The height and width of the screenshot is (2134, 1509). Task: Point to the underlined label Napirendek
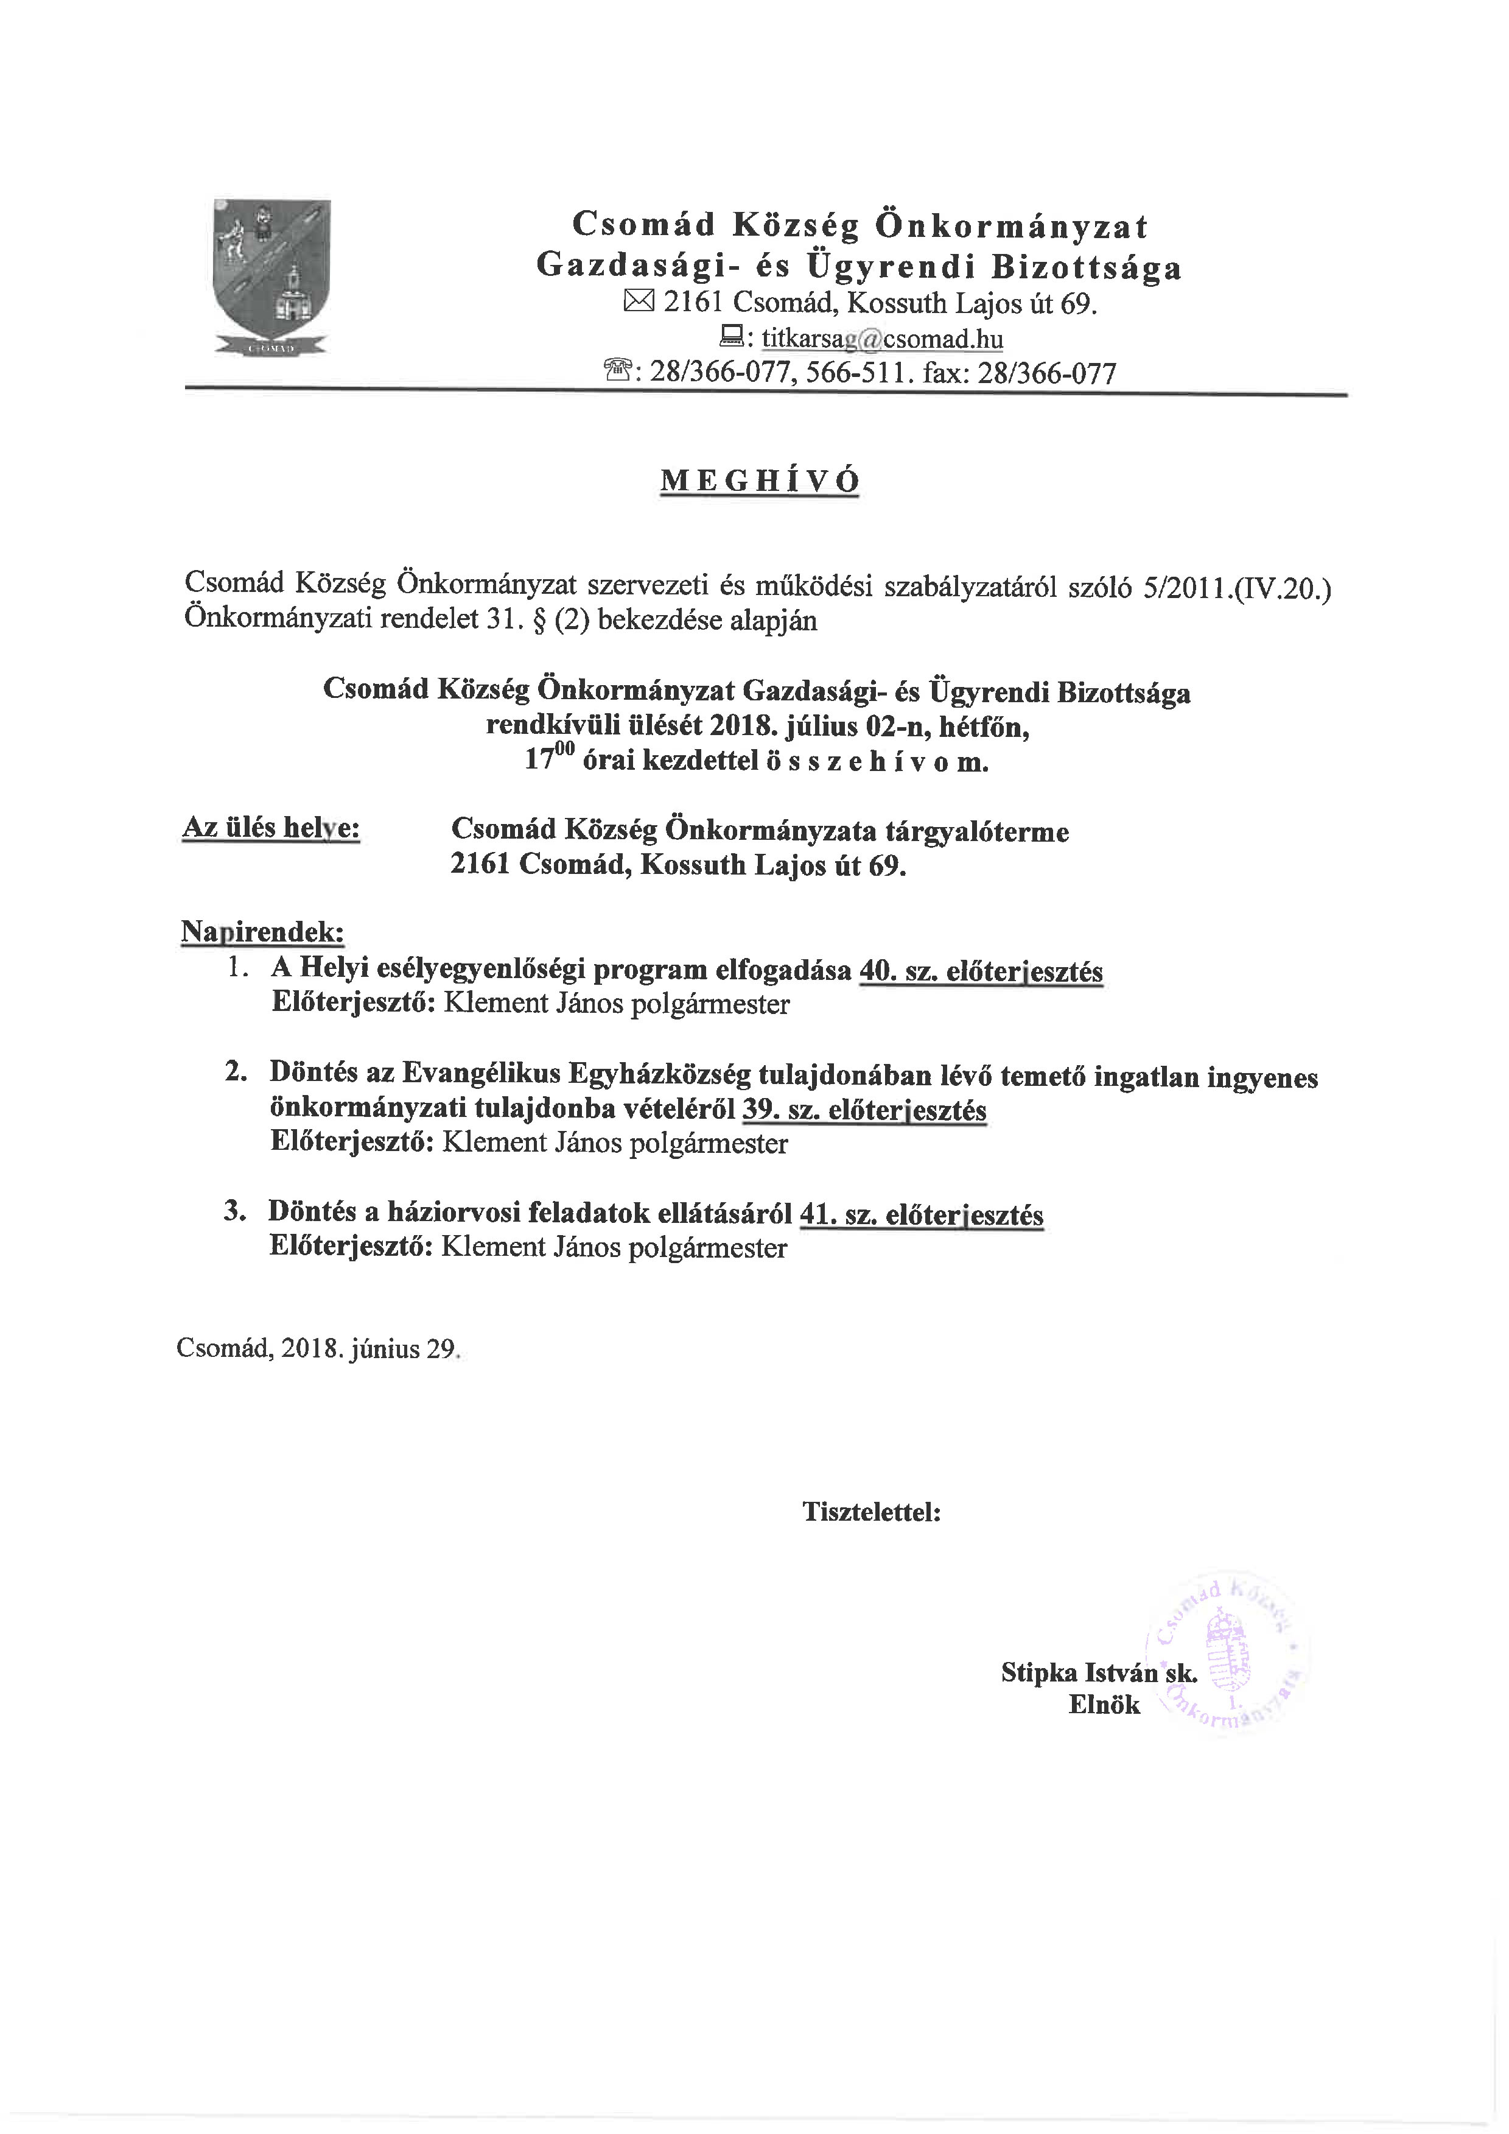262,931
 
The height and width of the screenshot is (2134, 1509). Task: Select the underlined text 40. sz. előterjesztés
981,971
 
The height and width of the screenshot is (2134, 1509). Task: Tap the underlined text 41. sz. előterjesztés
921,1215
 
